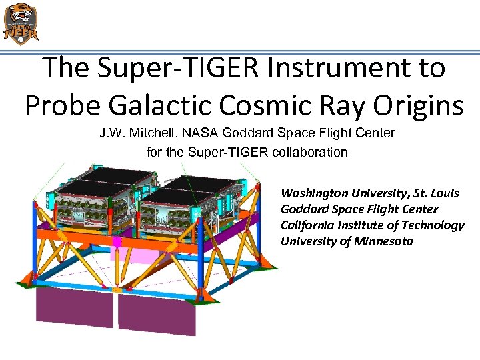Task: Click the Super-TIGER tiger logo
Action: point(21,23)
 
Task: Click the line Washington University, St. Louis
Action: point(369,193)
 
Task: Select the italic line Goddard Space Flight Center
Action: point(359,209)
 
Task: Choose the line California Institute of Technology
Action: point(372,225)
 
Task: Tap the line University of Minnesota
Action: point(347,241)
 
